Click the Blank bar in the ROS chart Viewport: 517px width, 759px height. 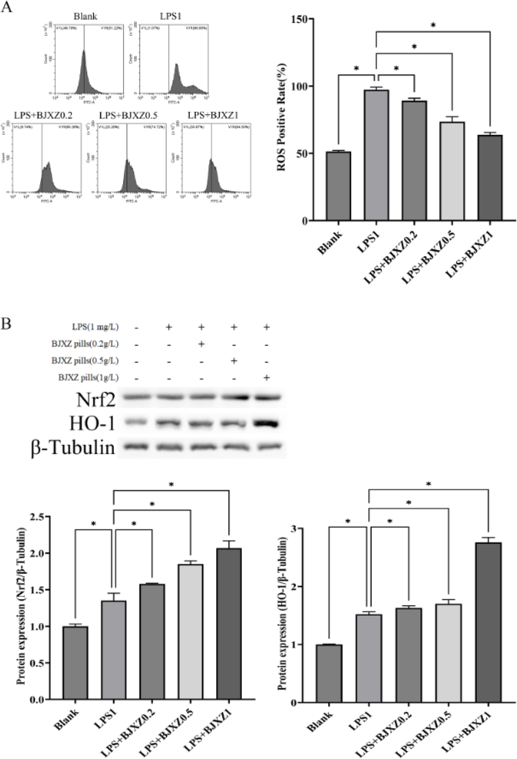pos(338,186)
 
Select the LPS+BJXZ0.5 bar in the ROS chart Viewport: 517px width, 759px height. pos(452,171)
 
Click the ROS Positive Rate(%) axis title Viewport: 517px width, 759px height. pos(281,120)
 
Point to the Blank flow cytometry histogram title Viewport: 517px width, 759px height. pos(85,16)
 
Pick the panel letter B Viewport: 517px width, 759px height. pos(6,325)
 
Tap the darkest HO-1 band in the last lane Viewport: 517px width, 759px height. pos(267,424)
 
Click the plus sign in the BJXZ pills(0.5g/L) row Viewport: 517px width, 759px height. pos(234,361)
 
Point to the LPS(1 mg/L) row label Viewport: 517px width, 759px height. pos(94,327)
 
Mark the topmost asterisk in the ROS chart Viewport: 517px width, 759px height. pos(433,25)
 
